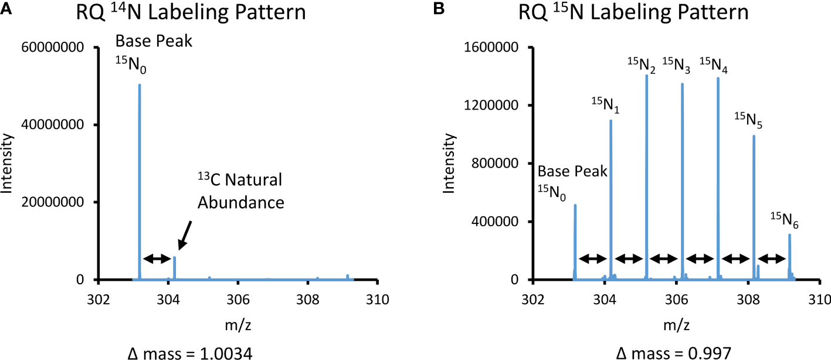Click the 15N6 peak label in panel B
784,222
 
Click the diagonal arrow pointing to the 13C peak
185,237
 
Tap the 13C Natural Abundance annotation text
240,191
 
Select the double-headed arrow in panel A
157,258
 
